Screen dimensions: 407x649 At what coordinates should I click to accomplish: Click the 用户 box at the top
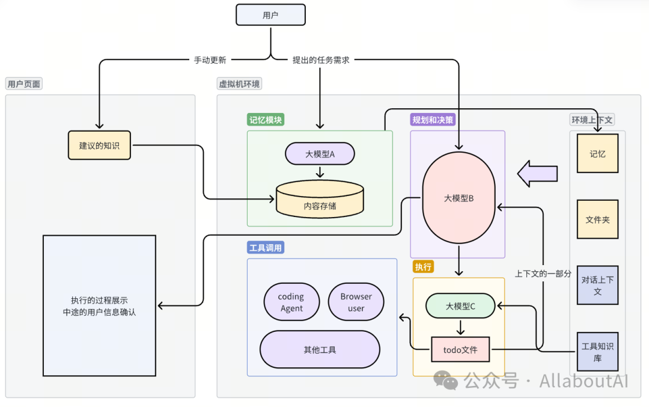[x=270, y=15]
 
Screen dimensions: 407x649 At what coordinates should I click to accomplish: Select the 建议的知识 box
[x=99, y=145]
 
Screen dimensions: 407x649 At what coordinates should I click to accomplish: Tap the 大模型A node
[x=320, y=154]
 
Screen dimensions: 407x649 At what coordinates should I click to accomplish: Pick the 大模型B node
[x=459, y=198]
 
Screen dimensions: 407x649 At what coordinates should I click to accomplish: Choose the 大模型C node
[x=460, y=306]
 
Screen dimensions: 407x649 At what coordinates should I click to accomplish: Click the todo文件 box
[x=460, y=349]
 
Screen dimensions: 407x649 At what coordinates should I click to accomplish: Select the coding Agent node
[x=291, y=302]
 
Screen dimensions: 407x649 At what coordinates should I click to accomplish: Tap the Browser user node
[x=356, y=302]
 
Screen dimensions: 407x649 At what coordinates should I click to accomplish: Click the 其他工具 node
[x=320, y=349]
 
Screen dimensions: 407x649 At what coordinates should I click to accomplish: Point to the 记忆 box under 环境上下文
[x=597, y=153]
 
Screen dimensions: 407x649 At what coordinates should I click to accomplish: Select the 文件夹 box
[x=597, y=219]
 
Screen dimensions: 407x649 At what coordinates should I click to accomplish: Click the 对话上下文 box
[x=597, y=285]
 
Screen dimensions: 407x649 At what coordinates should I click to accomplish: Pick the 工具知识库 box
[x=597, y=352]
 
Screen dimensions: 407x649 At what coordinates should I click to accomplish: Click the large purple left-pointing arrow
[x=538, y=173]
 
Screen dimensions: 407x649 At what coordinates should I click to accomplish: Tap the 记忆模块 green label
[x=266, y=120]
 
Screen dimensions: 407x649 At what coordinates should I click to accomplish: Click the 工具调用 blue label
[x=266, y=248]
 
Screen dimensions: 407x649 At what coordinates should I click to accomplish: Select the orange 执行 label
[x=423, y=266]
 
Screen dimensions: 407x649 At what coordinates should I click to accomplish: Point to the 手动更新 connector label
[x=210, y=60]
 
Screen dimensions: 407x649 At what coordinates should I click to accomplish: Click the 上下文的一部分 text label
[x=543, y=273]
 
